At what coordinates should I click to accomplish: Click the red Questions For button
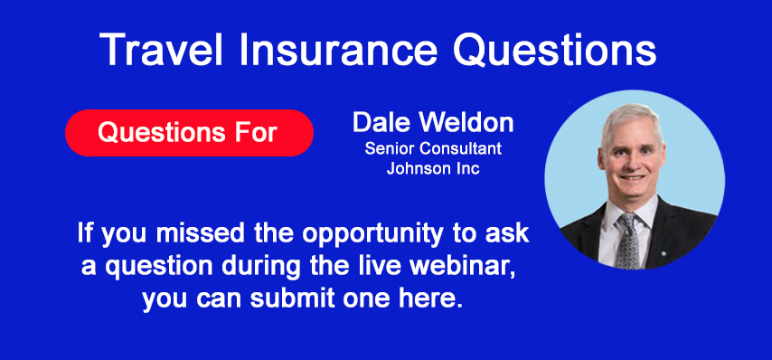pos(188,132)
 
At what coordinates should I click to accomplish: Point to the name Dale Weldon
pos(432,122)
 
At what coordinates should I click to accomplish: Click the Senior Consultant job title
pos(432,148)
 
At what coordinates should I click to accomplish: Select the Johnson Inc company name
pos(432,168)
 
